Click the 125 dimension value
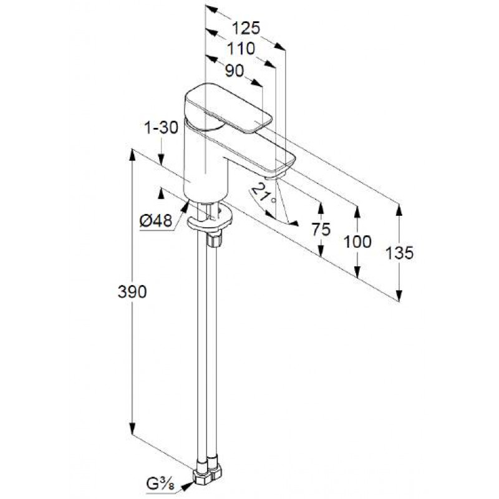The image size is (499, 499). point(246,28)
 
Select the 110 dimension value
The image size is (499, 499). point(241,49)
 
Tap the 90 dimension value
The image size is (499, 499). point(235,70)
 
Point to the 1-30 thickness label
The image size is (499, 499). point(162,128)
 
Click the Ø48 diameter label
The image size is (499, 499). point(156,220)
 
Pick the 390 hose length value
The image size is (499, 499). point(132,291)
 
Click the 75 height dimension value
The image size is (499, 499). point(321,229)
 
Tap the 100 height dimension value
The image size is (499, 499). point(357,242)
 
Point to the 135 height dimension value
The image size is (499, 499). point(399,253)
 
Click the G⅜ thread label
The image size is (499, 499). point(161,485)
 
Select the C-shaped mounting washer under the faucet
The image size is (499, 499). point(210,220)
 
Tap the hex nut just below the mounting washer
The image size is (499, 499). point(214,240)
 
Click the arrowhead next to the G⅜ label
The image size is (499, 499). point(187,486)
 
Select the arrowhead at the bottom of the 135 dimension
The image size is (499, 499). point(399,295)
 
